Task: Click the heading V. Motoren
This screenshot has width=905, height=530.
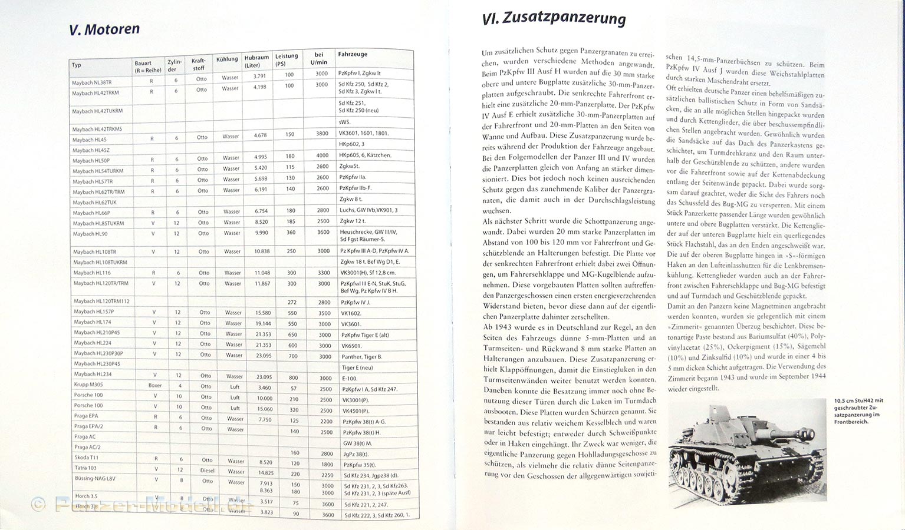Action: (104, 29)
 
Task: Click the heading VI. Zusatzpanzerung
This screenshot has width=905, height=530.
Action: (553, 19)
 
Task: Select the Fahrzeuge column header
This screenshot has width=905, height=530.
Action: (353, 54)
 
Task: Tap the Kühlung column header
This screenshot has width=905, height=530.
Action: (227, 59)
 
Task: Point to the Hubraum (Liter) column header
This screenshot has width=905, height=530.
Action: (256, 61)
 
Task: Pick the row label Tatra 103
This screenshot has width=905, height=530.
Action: (86, 468)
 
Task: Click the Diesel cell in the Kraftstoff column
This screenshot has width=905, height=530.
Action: (207, 471)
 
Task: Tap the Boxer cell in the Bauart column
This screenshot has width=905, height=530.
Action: (155, 385)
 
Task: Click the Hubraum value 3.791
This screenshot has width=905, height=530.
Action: (259, 76)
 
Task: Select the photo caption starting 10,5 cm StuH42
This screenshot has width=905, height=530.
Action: (858, 411)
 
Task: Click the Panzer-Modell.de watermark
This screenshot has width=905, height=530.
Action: (141, 505)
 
